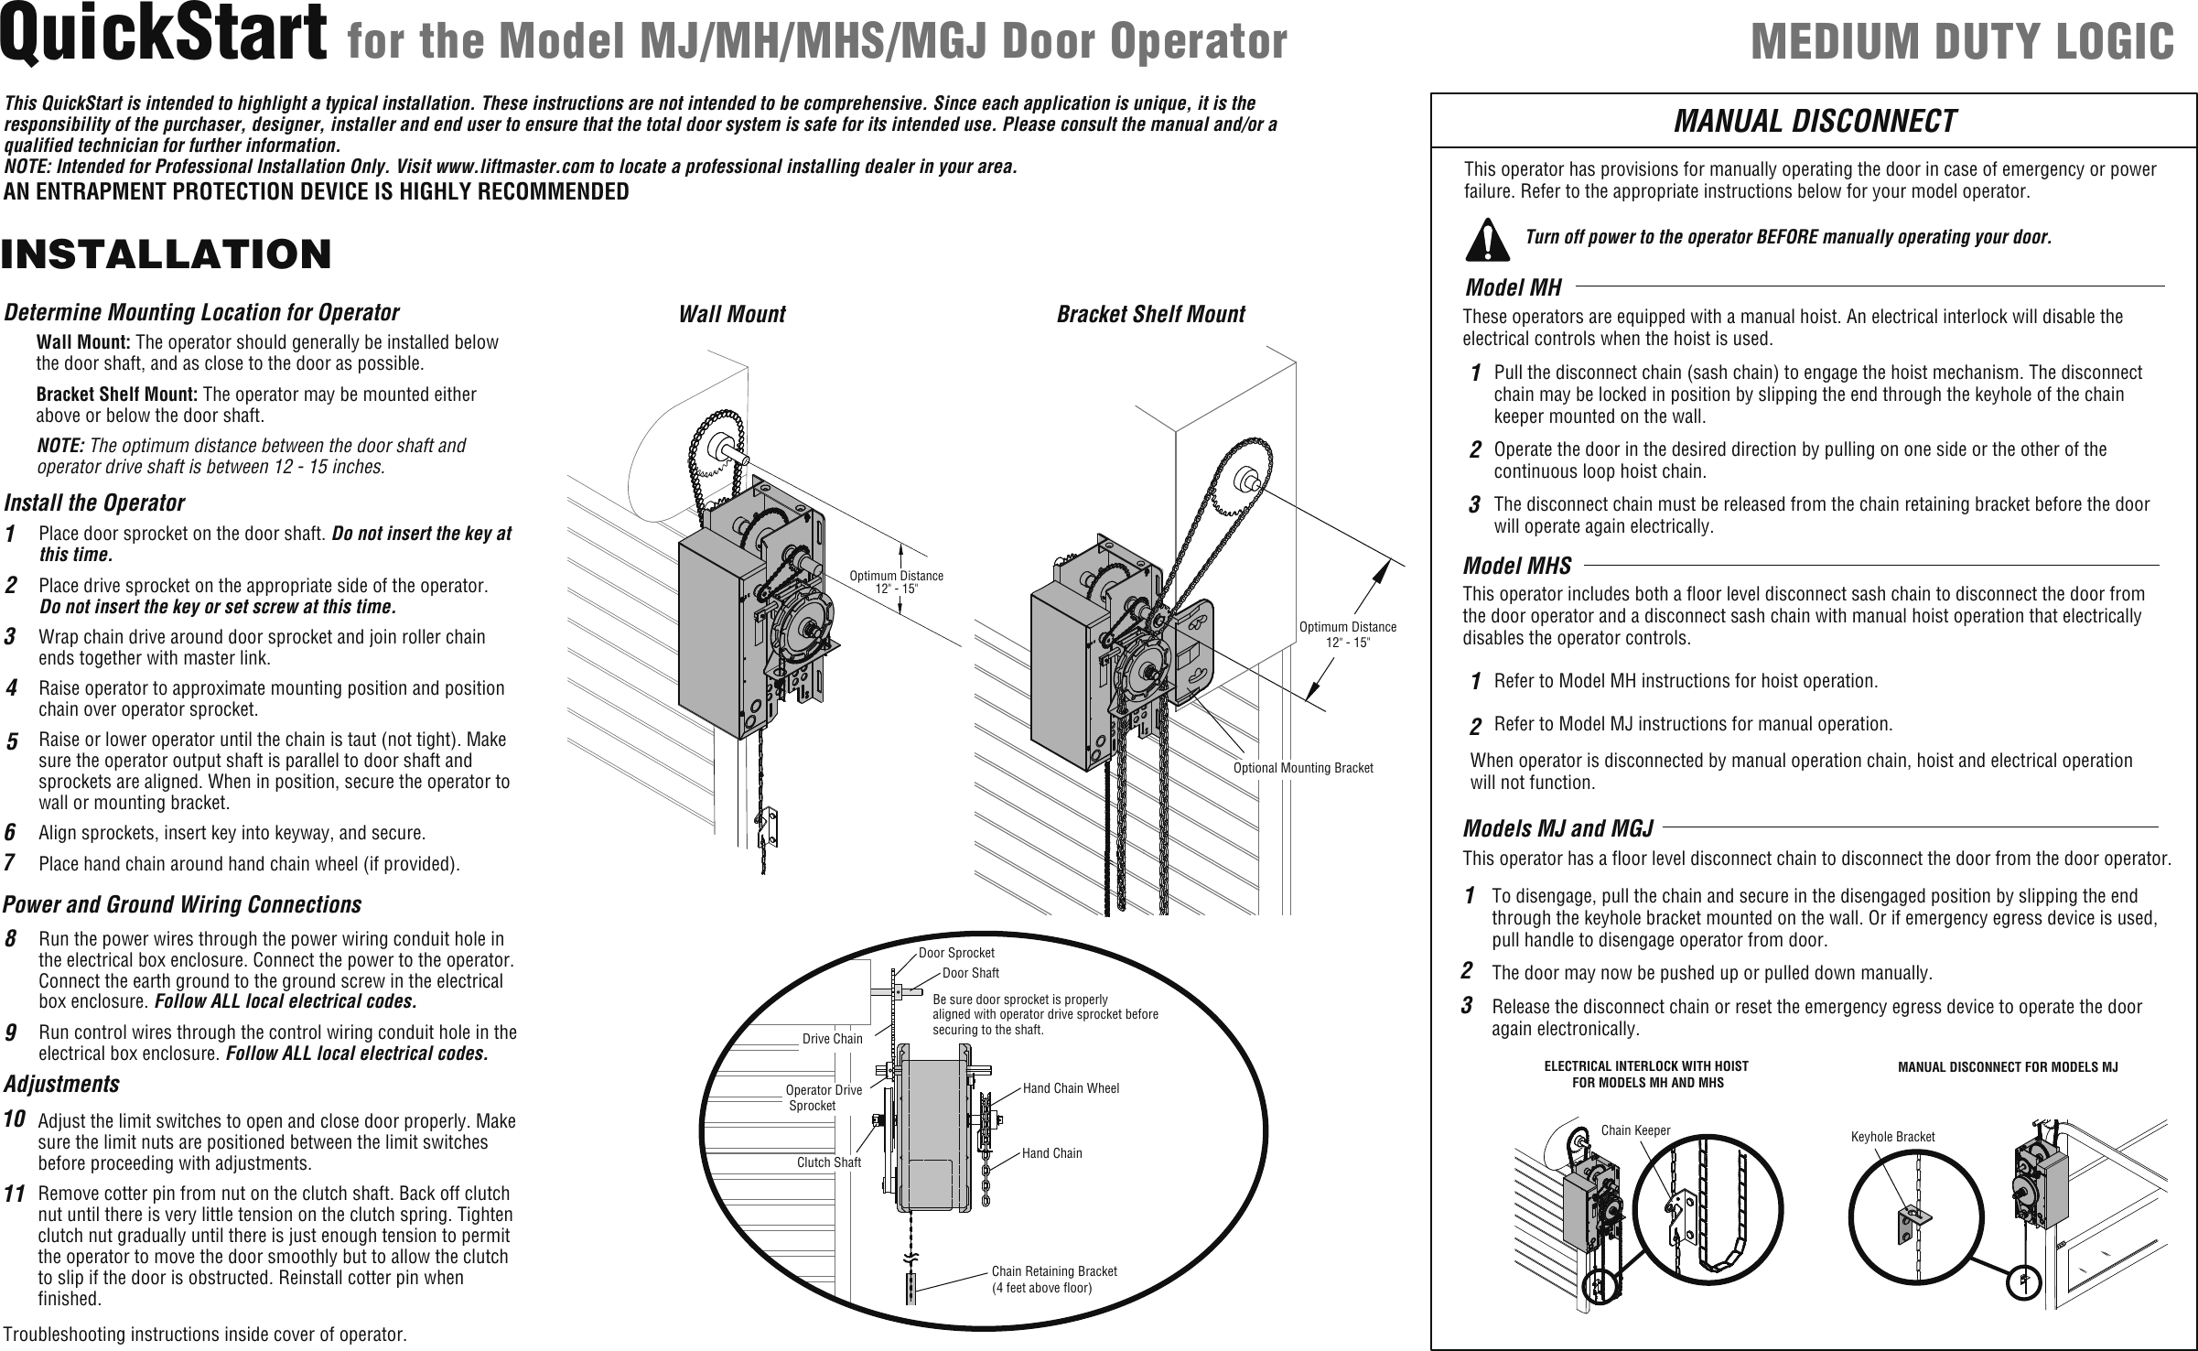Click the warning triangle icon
(1487, 239)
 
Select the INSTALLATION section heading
(167, 254)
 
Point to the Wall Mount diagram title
(731, 314)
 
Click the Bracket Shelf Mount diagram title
(1150, 314)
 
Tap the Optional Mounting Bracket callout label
(1302, 767)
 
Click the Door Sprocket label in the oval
(956, 953)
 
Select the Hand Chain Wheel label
(1071, 1088)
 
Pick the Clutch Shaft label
(828, 1162)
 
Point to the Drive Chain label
(832, 1038)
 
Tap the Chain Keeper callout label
(1635, 1130)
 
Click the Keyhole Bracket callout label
(1892, 1137)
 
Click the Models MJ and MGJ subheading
(1557, 828)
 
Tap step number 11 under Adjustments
(14, 1194)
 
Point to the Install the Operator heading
(94, 503)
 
